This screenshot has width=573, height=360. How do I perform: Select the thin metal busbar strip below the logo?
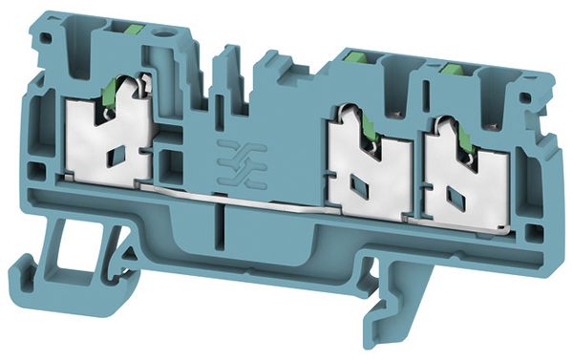(x=239, y=200)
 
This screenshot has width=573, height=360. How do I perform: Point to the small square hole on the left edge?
(x=35, y=173)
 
